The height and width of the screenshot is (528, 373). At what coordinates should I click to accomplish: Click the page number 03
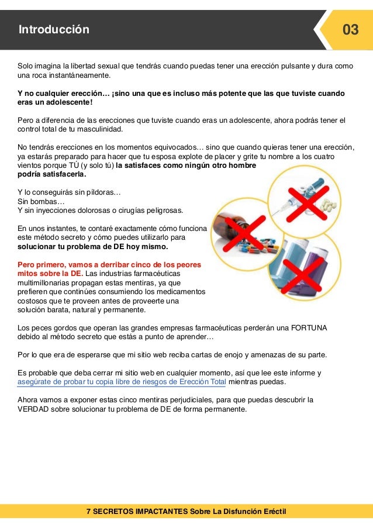tap(350, 29)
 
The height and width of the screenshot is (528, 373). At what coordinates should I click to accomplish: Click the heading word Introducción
tap(54, 30)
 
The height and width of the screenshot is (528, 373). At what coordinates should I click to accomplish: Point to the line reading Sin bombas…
tap(40, 201)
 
